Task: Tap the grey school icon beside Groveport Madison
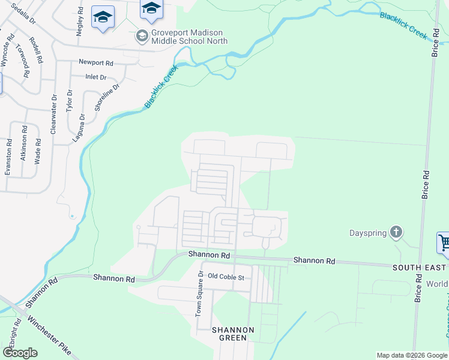click(x=142, y=36)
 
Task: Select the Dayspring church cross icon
click(x=396, y=232)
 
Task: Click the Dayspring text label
click(x=368, y=232)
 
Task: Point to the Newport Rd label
click(x=96, y=62)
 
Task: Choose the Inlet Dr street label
click(x=96, y=77)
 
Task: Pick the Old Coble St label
click(x=226, y=277)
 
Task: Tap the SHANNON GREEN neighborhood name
click(x=232, y=334)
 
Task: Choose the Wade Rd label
click(x=38, y=151)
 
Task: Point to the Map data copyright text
click(x=412, y=355)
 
